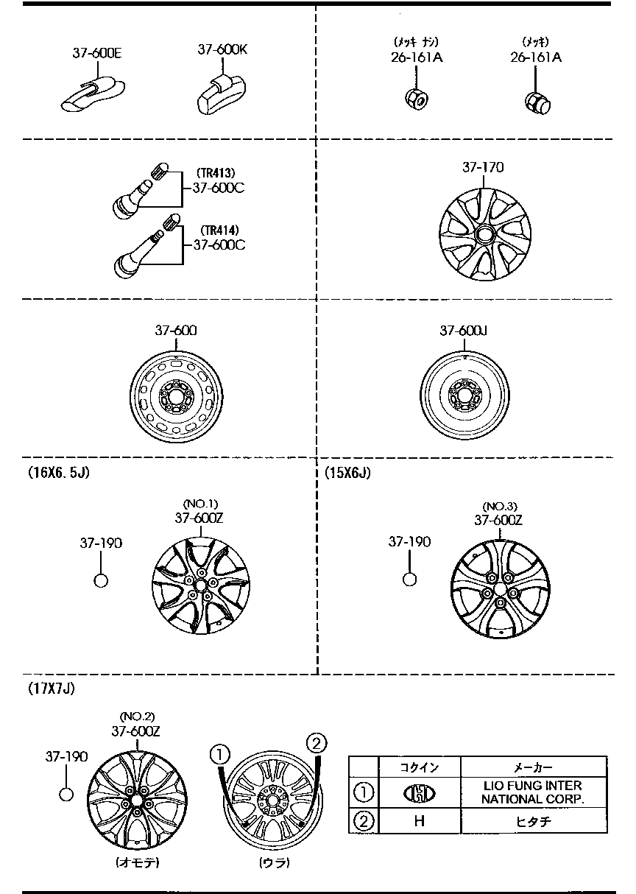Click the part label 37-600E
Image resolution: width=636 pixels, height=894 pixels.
[x=97, y=53]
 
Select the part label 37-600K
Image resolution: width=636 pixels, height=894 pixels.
[x=222, y=49]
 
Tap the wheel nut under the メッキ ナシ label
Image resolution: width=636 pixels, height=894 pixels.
[x=417, y=99]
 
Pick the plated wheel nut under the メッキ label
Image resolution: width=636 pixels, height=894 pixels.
[x=537, y=102]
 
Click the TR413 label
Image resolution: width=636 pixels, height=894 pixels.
[x=216, y=173]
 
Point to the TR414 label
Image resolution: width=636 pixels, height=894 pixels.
[x=220, y=230]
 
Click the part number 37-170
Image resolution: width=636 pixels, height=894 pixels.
[x=483, y=167]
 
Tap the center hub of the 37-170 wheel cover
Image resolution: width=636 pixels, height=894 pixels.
[x=484, y=233]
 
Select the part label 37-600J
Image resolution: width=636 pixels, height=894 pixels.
[x=464, y=331]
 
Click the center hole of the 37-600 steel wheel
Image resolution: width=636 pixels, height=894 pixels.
[x=176, y=398]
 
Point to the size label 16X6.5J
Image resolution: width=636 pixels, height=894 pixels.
[x=59, y=473]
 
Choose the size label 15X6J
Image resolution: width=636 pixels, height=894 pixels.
[x=348, y=473]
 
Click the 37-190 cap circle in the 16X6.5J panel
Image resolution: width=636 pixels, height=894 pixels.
[x=101, y=580]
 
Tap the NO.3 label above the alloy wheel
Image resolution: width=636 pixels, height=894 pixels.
[x=500, y=507]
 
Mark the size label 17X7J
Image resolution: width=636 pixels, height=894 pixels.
[x=52, y=689]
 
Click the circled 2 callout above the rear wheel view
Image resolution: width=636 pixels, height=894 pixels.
[x=317, y=744]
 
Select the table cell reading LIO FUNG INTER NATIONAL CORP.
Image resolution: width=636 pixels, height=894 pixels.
[x=534, y=792]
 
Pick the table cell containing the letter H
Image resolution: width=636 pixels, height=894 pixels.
[x=420, y=821]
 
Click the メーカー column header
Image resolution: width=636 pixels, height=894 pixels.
[x=534, y=767]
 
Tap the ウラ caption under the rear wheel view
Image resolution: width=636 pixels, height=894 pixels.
[x=275, y=863]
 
